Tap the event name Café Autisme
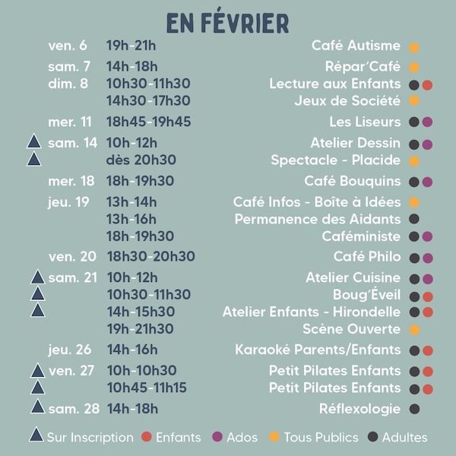pyautogui.click(x=356, y=46)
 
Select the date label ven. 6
pyautogui.click(x=68, y=46)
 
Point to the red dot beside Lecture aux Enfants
pyautogui.click(x=427, y=85)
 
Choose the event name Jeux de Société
pyautogui.click(x=347, y=100)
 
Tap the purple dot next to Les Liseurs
pyautogui.click(x=427, y=122)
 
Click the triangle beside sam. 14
pyautogui.click(x=33, y=142)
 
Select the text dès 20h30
pyautogui.click(x=141, y=160)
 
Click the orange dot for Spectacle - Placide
pyautogui.click(x=414, y=161)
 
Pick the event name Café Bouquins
pyautogui.click(x=352, y=181)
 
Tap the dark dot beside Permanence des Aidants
pyautogui.click(x=414, y=220)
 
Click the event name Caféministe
pyautogui.click(x=361, y=236)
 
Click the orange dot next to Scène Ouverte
pyautogui.click(x=414, y=330)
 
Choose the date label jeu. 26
pyautogui.click(x=70, y=350)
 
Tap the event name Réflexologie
pyautogui.click(x=359, y=409)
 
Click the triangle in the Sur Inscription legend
pyautogui.click(x=35, y=436)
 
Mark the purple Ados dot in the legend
pyautogui.click(x=217, y=437)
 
